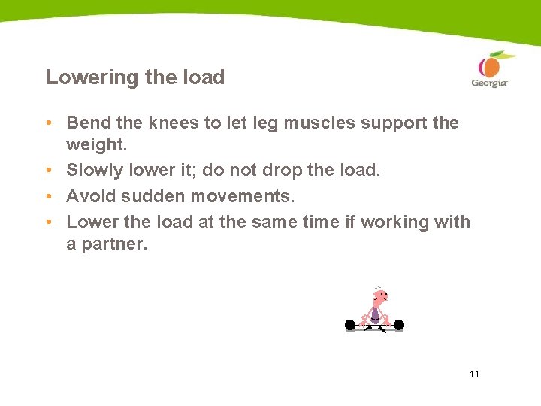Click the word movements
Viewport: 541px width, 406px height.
(240, 196)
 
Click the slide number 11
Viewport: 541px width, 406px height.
(473, 374)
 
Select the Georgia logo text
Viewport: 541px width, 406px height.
(489, 83)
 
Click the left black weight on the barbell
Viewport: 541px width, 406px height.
(349, 325)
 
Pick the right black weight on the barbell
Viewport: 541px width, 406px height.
(399, 325)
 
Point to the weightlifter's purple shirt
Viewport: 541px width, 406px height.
(376, 313)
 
